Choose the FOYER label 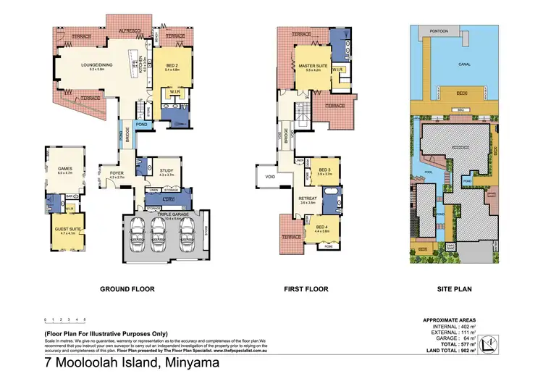pyautogui.click(x=117, y=173)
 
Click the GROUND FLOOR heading pyautogui.click(x=127, y=289)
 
